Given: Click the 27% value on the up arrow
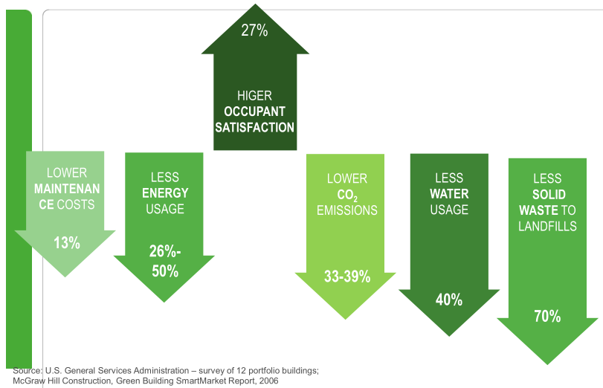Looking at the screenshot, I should pyautogui.click(x=254, y=30).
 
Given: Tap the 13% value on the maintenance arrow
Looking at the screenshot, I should pyautogui.click(x=66, y=242).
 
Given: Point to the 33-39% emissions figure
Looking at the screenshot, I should pyautogui.click(x=347, y=277).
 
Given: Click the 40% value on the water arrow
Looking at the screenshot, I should pyautogui.click(x=449, y=300).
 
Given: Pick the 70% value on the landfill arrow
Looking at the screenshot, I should pyautogui.click(x=546, y=316).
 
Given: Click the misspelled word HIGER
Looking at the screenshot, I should pyautogui.click(x=254, y=96).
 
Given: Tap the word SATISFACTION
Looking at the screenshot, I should pyautogui.click(x=254, y=127).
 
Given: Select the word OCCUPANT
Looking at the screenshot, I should pyautogui.click(x=254, y=111).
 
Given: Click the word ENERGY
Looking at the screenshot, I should pyautogui.click(x=164, y=193).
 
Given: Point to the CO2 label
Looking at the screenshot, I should pyautogui.click(x=348, y=195).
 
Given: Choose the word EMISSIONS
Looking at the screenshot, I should pyautogui.click(x=347, y=210).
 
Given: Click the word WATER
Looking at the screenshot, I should pyautogui.click(x=449, y=194).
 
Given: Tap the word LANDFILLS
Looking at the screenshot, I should pyautogui.click(x=547, y=226).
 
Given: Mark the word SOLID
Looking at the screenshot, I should pyautogui.click(x=547, y=195).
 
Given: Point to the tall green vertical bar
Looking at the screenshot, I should pyautogui.click(x=19, y=186).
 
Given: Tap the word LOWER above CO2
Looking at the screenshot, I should pyautogui.click(x=347, y=178).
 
